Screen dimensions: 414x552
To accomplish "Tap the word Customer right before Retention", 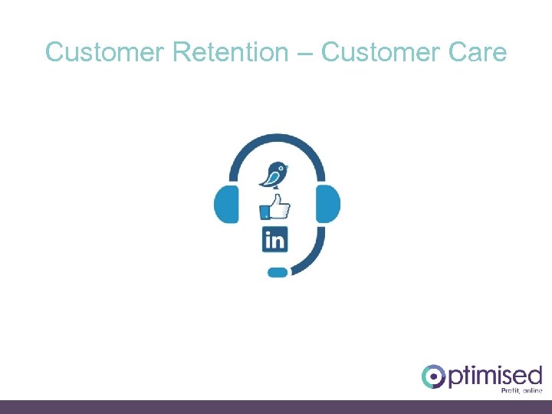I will tap(106, 52).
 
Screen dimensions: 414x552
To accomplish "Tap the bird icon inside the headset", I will tap(274, 173).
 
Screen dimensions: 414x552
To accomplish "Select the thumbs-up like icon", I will tap(275, 207).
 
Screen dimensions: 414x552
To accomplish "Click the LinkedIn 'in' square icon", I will tap(274, 239).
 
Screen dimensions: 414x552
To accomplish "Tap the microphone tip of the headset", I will tap(277, 271).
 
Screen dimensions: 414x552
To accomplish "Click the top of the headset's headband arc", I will tap(276, 138).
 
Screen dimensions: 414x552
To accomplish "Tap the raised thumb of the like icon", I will tap(276, 199).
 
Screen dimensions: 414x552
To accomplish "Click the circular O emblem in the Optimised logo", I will tap(433, 376).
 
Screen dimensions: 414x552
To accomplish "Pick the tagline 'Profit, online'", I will tap(521, 391).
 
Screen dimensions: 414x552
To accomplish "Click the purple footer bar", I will tap(276, 407).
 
